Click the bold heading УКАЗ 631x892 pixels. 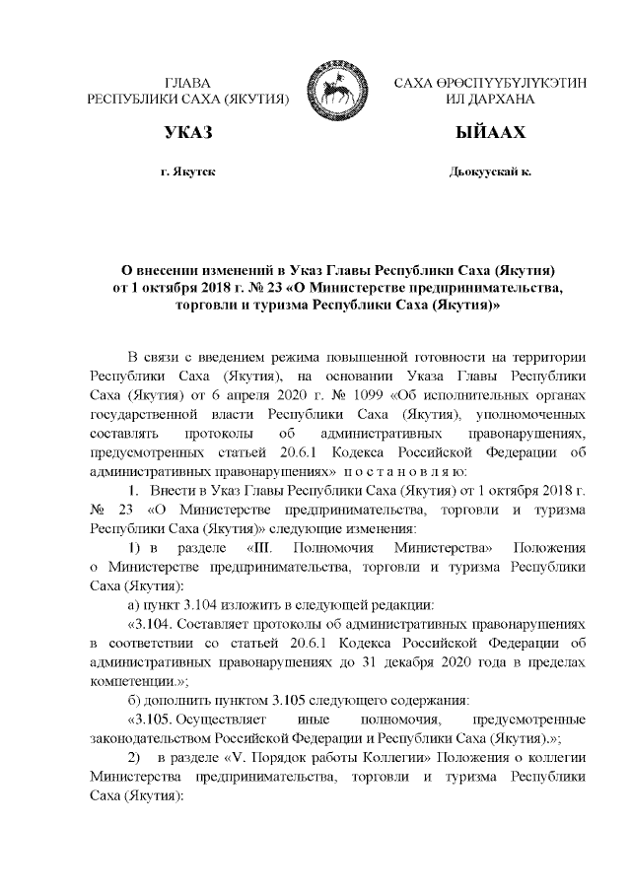point(188,133)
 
